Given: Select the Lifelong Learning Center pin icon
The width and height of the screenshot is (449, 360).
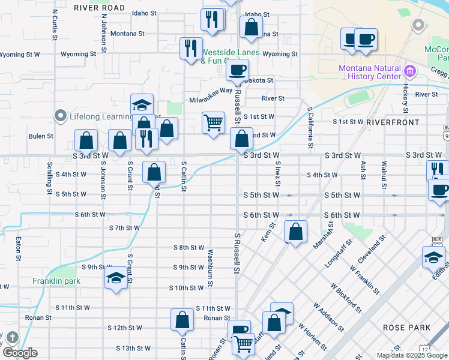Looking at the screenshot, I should (60, 116).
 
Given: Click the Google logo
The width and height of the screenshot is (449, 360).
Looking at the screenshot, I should (20, 353).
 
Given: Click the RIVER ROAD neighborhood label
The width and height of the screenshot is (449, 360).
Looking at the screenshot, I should (99, 8).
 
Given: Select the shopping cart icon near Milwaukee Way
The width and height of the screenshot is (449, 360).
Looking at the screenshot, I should (214, 123).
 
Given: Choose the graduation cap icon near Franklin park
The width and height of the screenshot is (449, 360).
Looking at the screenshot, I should (116, 278).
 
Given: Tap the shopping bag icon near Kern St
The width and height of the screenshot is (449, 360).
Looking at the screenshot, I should (295, 232).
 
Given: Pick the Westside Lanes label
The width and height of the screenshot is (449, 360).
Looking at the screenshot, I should (231, 53).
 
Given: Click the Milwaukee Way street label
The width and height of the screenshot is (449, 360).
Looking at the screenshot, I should (211, 91).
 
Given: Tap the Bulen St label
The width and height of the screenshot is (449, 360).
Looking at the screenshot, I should (41, 136).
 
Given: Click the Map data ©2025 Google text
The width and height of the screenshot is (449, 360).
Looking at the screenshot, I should (411, 355).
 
